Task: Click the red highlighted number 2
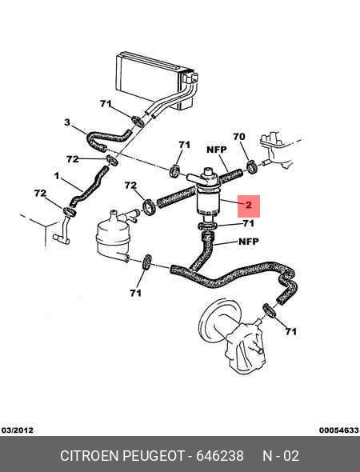249,206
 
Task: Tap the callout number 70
239,137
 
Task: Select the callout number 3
67,122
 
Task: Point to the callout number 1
57,176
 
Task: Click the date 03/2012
17,430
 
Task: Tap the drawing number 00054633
339,430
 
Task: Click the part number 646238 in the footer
220,456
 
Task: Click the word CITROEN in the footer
90,456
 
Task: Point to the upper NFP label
217,150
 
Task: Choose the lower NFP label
248,242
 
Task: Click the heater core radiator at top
157,80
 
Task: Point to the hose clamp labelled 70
252,167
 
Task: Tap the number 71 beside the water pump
290,331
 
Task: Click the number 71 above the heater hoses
106,103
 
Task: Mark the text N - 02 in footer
281,456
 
